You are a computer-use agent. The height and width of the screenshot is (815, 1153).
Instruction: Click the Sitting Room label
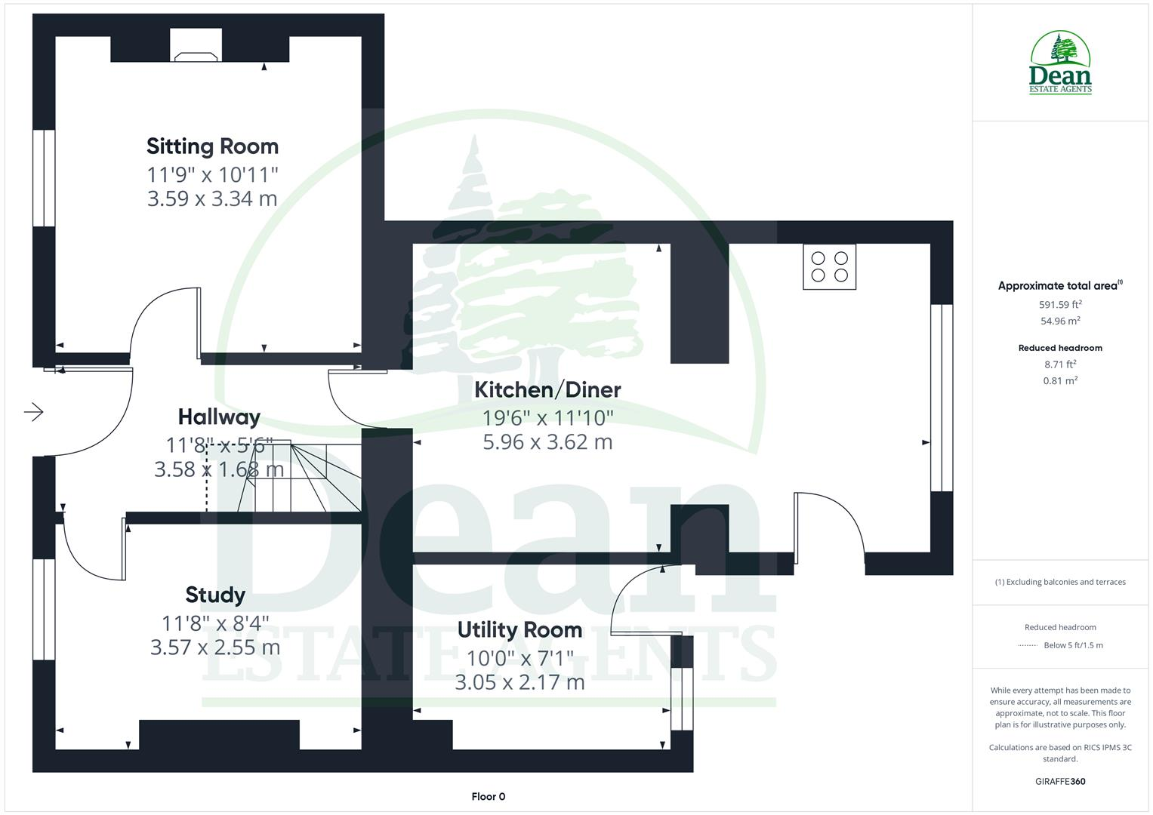pyautogui.click(x=212, y=146)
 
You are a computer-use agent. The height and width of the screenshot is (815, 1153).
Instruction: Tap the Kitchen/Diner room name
pyautogui.click(x=547, y=390)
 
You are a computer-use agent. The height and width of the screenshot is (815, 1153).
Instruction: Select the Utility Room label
pyautogui.click(x=519, y=630)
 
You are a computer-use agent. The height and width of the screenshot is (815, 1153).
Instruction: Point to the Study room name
pyautogui.click(x=215, y=595)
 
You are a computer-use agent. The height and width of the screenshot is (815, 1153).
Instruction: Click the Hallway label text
pyautogui.click(x=219, y=417)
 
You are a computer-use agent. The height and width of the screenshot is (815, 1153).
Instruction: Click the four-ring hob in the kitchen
pyautogui.click(x=829, y=267)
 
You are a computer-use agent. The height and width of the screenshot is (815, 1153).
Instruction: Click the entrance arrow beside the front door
pyautogui.click(x=34, y=412)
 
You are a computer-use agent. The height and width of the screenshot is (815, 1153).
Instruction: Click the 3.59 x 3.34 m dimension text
pyautogui.click(x=212, y=199)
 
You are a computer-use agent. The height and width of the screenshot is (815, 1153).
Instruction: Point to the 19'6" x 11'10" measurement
pyautogui.click(x=547, y=417)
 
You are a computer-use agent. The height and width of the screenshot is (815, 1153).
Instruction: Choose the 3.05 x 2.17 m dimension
pyautogui.click(x=519, y=683)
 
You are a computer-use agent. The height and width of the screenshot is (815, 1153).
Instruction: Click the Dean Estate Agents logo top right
pyautogui.click(x=1060, y=63)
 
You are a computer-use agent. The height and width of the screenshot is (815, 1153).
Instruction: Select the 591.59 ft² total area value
pyautogui.click(x=1060, y=305)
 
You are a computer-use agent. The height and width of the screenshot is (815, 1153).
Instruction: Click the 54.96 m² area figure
pyautogui.click(x=1060, y=321)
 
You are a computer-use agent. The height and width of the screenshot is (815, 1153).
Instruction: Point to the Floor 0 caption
pyautogui.click(x=488, y=797)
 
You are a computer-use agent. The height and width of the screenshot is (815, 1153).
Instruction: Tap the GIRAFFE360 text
pyautogui.click(x=1060, y=782)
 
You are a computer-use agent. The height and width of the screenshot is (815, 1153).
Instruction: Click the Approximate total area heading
pyautogui.click(x=1059, y=286)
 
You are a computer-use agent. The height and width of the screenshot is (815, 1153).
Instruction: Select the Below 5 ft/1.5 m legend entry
pyautogui.click(x=1072, y=646)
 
